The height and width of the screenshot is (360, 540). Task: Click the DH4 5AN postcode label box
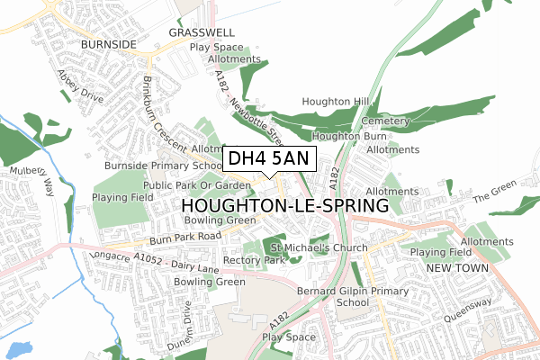coord(268,159)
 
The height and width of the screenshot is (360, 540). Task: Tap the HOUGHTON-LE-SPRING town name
coord(279,206)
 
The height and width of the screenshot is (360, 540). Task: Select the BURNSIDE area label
coord(107,42)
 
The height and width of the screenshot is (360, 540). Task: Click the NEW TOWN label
coord(456,269)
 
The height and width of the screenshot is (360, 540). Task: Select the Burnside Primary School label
coord(163,166)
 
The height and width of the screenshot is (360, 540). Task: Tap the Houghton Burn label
coord(344,136)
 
